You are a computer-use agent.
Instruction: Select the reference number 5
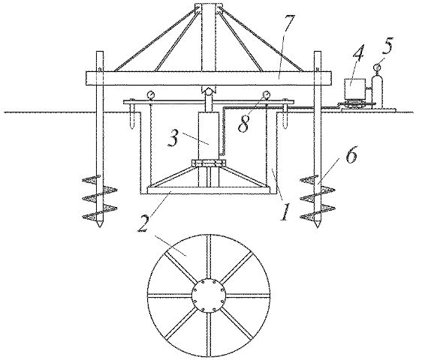387,46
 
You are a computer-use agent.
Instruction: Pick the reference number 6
351,154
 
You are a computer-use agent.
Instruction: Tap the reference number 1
285,211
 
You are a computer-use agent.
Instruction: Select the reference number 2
143,223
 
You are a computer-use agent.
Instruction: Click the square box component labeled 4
355,89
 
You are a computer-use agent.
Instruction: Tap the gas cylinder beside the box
377,91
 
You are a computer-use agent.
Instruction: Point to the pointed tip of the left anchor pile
100,226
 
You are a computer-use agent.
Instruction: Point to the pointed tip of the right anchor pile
318,226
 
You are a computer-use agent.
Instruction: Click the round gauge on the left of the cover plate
151,95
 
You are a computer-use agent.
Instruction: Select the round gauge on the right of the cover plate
267,95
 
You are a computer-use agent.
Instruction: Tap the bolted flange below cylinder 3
208,163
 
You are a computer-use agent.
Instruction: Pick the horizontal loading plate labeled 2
208,190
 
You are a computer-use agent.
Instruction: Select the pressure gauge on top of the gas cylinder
377,67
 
